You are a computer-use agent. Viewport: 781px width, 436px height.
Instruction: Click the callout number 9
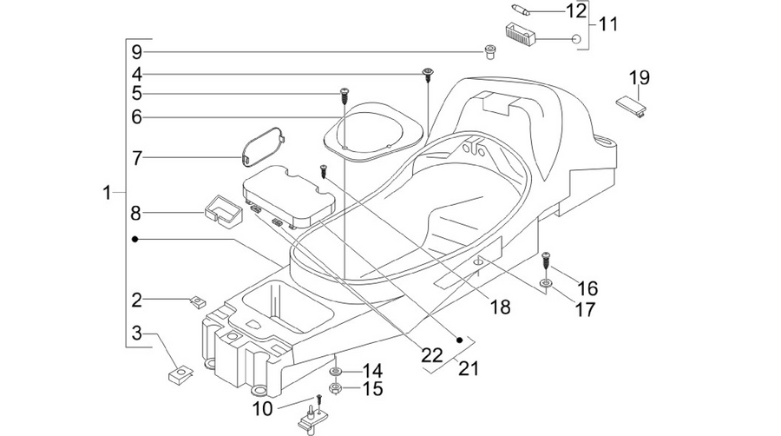pyautogui.click(x=137, y=52)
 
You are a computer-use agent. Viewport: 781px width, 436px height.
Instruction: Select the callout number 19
pyautogui.click(x=639, y=77)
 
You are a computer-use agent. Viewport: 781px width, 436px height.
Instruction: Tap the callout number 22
pyautogui.click(x=432, y=355)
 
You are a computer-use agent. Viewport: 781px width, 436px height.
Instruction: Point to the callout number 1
pyautogui.click(x=106, y=192)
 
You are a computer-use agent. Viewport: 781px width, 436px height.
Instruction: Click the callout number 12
pyautogui.click(x=576, y=10)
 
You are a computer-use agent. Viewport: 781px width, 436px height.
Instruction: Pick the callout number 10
pyautogui.click(x=263, y=409)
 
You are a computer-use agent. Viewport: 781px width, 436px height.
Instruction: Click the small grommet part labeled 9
pyautogui.click(x=489, y=51)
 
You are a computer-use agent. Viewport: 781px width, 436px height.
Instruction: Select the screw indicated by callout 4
pyautogui.click(x=427, y=75)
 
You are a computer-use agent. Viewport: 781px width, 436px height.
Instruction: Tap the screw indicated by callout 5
pyautogui.click(x=343, y=95)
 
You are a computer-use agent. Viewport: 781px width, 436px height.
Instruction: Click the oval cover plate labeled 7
pyautogui.click(x=263, y=145)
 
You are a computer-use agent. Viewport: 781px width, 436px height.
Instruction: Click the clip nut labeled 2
pyautogui.click(x=199, y=302)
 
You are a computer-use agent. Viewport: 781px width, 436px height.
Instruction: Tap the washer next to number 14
pyautogui.click(x=335, y=372)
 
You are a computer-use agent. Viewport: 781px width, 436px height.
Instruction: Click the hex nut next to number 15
pyautogui.click(x=335, y=388)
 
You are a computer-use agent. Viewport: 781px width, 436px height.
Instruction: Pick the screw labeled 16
pyautogui.click(x=546, y=260)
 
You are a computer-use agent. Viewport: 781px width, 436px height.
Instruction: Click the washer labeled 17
pyautogui.click(x=546, y=284)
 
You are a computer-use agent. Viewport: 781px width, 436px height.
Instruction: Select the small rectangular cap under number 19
pyautogui.click(x=632, y=106)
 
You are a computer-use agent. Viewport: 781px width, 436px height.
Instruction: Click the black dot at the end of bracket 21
pyautogui.click(x=460, y=340)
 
